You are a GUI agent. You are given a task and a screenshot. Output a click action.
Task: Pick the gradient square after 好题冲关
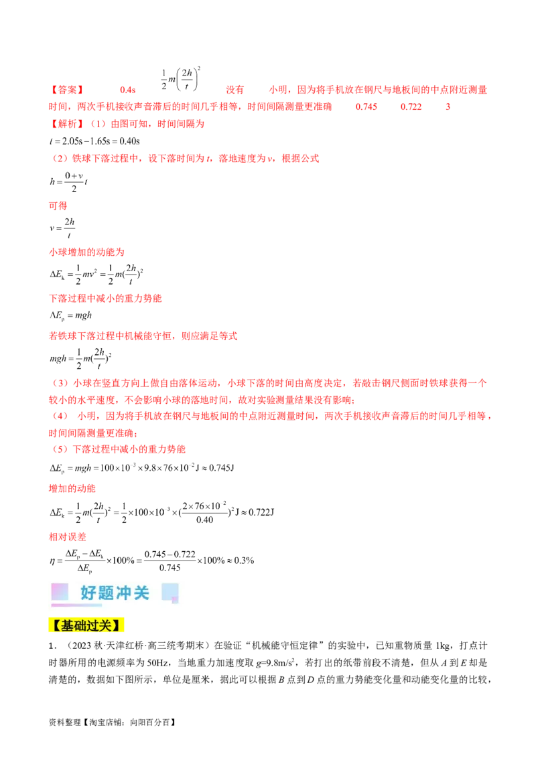(x=170, y=592)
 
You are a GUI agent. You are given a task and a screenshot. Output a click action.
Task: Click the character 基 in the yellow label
(x=68, y=626)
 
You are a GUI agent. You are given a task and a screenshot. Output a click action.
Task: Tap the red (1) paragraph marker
(x=98, y=123)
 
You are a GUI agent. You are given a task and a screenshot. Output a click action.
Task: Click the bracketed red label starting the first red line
(x=66, y=90)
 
